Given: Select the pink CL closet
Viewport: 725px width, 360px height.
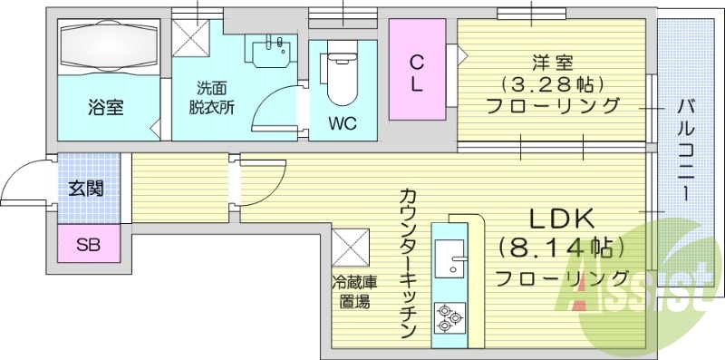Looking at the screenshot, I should pos(417,70).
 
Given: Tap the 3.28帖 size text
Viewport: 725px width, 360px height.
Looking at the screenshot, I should pos(552,84).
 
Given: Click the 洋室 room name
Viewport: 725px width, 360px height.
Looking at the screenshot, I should pos(552,63).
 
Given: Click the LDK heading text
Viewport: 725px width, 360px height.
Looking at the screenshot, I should pos(561,219).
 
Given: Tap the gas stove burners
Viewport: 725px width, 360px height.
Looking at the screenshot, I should pos(449,316).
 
